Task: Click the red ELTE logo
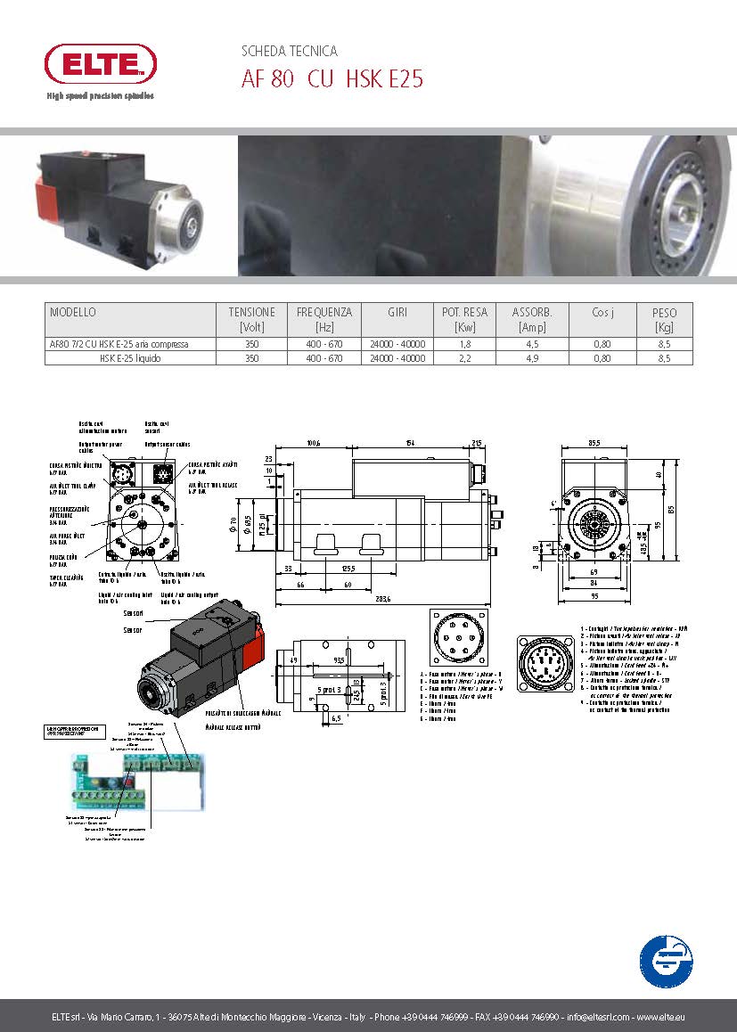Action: [101, 63]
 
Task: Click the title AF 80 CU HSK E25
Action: [332, 80]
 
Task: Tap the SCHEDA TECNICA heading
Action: [290, 52]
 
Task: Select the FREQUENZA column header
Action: [324, 312]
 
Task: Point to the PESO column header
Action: [664, 313]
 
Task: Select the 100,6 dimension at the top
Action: [313, 442]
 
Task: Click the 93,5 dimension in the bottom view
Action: [339, 661]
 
